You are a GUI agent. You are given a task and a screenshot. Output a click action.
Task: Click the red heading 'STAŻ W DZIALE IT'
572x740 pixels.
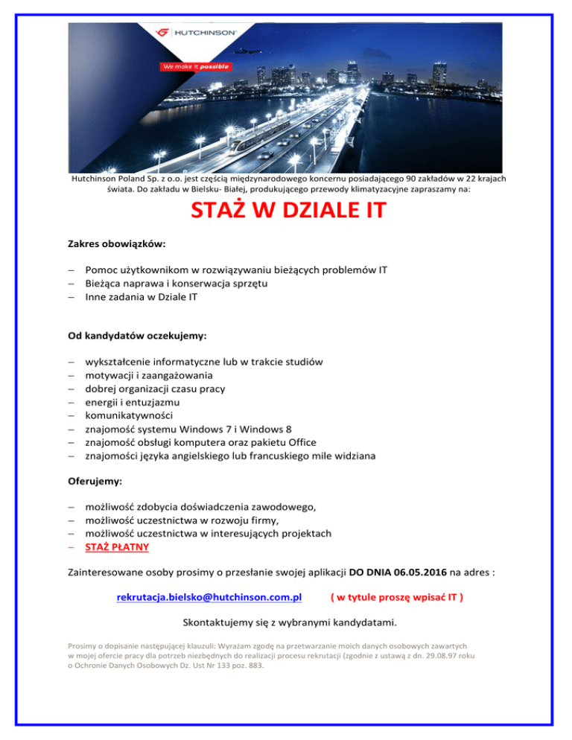pos(288,211)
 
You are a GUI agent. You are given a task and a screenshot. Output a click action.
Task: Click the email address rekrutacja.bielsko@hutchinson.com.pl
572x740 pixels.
pos(209,597)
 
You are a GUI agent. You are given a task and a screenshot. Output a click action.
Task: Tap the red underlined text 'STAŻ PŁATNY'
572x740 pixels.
pos(117,547)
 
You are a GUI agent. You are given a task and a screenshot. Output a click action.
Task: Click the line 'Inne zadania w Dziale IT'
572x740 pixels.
pos(146,296)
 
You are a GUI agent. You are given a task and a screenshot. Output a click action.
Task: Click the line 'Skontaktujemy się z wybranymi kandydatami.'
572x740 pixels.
pos(289,622)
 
